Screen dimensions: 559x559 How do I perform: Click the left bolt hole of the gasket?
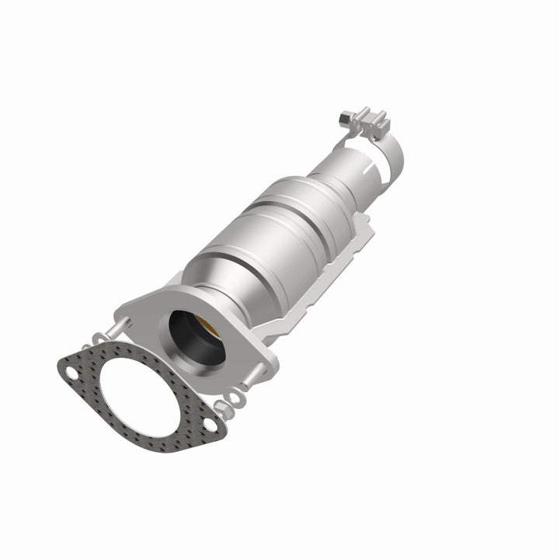pos(71,373)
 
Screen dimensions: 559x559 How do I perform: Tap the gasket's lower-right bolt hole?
pos(210,424)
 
